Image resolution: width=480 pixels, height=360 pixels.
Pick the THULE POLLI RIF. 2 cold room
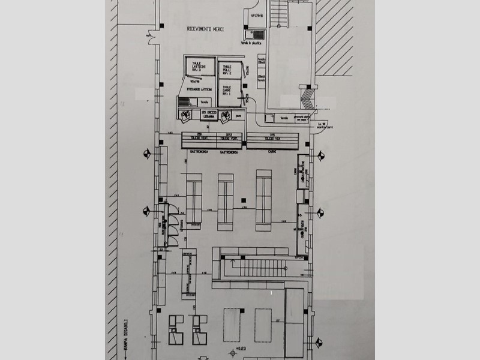pyautogui.click(x=227, y=70)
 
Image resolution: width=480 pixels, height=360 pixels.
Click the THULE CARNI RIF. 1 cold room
pyautogui.click(x=227, y=90)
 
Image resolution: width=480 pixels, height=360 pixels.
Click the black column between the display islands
pyautogui.click(x=243, y=199)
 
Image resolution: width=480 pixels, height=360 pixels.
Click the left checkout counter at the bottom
pyautogui.click(x=176, y=329)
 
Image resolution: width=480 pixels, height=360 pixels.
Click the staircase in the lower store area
pyautogui.click(x=260, y=267)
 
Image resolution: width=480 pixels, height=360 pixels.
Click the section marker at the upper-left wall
pyautogui.click(x=146, y=154)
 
